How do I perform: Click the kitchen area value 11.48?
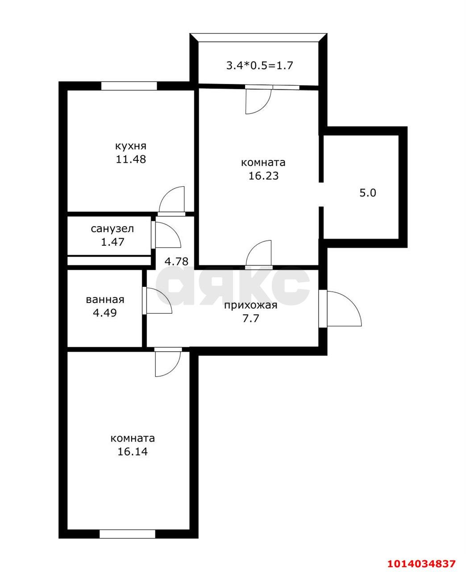pyautogui.click(x=131, y=159)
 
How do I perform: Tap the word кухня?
pyautogui.click(x=131, y=146)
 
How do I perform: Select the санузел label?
pyautogui.click(x=112, y=229)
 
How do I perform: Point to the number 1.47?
pyautogui.click(x=112, y=242)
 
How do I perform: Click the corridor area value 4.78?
pyautogui.click(x=176, y=261)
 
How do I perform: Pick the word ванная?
pyautogui.click(x=105, y=300)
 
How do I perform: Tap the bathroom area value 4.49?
pyautogui.click(x=105, y=313)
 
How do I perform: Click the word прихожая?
pyautogui.click(x=250, y=306)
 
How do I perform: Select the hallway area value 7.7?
pyautogui.click(x=250, y=319)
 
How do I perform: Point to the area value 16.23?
pyautogui.click(x=263, y=176)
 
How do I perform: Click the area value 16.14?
pyautogui.click(x=133, y=452)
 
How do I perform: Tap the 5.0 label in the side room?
pyautogui.click(x=368, y=193)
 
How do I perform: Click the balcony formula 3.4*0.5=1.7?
pyautogui.click(x=259, y=66)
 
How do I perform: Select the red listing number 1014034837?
pyautogui.click(x=421, y=563)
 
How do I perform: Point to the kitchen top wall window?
pyautogui.click(x=129, y=86)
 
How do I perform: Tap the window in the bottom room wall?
pyautogui.click(x=127, y=534)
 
